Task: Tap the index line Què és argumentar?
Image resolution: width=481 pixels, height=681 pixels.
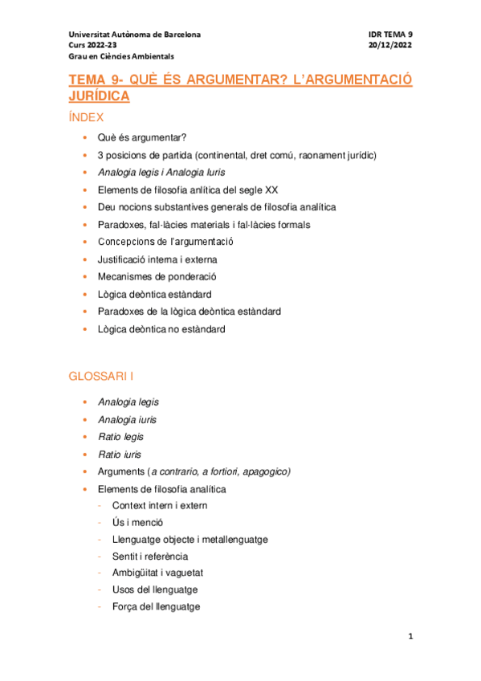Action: click(142, 137)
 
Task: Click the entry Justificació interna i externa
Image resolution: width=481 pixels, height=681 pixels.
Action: click(157, 259)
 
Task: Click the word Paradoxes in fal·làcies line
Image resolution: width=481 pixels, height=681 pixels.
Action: click(120, 225)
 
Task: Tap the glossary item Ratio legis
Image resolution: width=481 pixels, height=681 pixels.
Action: click(121, 436)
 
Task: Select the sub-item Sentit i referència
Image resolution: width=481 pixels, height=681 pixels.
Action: click(150, 556)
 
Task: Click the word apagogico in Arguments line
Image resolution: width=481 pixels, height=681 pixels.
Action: click(266, 471)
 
